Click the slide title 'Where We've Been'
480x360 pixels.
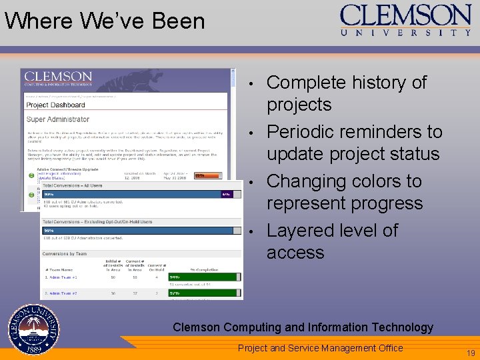click(105, 21)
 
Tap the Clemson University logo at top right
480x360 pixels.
click(405, 20)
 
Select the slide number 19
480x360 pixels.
click(471, 353)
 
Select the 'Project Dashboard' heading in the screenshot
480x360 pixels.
click(56, 105)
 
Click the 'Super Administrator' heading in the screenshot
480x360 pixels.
click(58, 119)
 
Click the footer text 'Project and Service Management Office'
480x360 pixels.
click(320, 348)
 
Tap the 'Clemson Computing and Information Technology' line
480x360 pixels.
click(303, 327)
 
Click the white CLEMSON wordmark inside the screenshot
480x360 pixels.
click(59, 76)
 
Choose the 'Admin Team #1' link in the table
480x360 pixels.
click(61, 277)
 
